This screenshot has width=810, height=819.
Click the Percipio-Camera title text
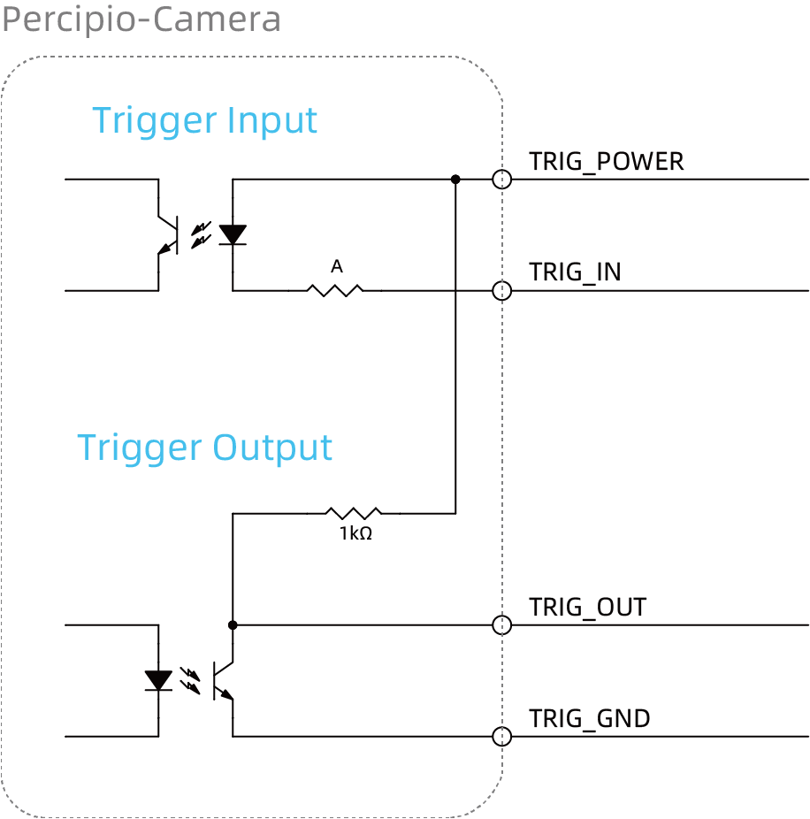141,19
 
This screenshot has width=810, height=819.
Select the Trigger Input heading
205,121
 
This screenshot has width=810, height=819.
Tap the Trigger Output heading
205,448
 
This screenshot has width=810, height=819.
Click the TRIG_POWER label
607,162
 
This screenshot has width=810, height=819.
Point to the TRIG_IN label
575,272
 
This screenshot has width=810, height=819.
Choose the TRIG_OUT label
587,608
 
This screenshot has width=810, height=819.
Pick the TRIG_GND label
590,719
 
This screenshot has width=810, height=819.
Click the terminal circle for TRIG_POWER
502,171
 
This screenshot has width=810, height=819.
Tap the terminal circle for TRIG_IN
502,281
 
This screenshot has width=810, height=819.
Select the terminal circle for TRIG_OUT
502,616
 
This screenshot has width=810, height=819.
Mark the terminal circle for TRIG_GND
502,728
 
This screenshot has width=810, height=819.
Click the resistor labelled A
335,290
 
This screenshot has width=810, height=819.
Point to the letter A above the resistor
337,266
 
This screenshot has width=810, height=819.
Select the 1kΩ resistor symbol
354,513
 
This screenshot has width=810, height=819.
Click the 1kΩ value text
355,533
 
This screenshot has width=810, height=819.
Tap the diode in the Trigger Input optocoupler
233,234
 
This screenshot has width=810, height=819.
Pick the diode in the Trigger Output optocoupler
158,681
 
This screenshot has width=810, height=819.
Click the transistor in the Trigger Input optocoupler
168,235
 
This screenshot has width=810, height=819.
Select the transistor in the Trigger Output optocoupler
223,681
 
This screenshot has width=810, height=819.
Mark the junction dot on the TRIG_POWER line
455,180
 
